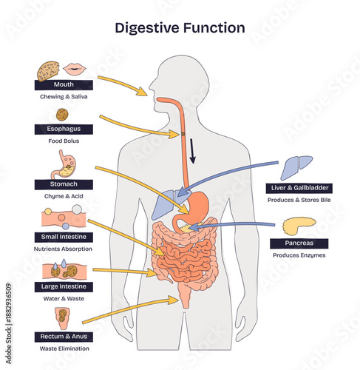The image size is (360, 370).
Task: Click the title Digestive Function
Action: pyautogui.click(x=180, y=28)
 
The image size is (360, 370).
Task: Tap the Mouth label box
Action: pyautogui.click(x=64, y=85)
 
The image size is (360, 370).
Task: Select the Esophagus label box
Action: pyautogui.click(x=64, y=129)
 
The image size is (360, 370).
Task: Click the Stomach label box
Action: pyautogui.click(x=64, y=184)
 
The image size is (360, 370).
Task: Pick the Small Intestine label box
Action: pyautogui.click(x=64, y=237)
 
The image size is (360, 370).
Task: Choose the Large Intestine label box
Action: pyautogui.click(x=64, y=286)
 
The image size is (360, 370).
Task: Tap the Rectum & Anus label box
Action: pyautogui.click(x=64, y=337)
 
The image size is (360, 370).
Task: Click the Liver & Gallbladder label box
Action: pyautogui.click(x=299, y=188)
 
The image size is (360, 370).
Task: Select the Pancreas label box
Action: pyautogui.click(x=299, y=243)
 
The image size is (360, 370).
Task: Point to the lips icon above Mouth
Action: pyautogui.click(x=75, y=69)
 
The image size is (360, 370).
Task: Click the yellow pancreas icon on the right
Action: pyautogui.click(x=298, y=224)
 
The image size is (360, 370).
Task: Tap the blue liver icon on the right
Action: pyautogui.click(x=299, y=166)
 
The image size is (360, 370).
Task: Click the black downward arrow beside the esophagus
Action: pyautogui.click(x=193, y=151)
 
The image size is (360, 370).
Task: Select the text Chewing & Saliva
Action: pyautogui.click(x=64, y=97)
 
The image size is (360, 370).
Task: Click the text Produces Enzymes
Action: pyautogui.click(x=299, y=255)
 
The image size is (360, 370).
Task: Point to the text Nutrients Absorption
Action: pyautogui.click(x=64, y=249)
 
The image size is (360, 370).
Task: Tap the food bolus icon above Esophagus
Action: pyautogui.click(x=63, y=115)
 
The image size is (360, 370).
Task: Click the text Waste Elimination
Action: pyautogui.click(x=64, y=349)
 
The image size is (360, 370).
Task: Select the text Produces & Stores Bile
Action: pyautogui.click(x=299, y=201)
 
